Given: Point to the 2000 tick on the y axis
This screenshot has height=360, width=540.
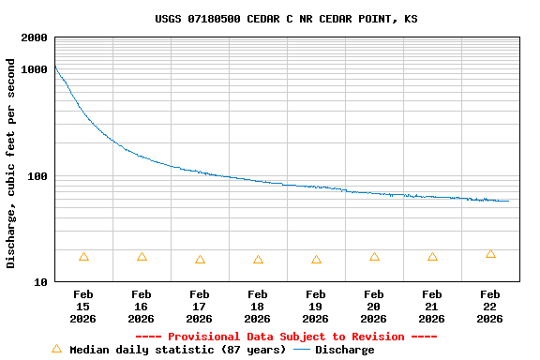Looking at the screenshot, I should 35,37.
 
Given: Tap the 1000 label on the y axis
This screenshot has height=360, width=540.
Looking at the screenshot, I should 35,69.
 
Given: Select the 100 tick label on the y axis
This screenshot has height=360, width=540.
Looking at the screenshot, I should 37,176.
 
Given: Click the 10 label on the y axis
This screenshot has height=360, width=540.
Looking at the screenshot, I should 41,282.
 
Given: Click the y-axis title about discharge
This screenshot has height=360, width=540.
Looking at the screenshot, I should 11,163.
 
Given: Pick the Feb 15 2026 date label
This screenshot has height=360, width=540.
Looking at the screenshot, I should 83,307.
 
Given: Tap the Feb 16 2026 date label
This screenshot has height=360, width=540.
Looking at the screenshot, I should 142,307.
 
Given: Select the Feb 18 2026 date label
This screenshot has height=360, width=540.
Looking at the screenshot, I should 258,307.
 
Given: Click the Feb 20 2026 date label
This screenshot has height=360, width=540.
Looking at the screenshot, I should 374,307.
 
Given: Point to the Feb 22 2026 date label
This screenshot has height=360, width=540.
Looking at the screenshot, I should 490,307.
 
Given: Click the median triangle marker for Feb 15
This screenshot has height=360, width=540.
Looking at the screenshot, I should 83,257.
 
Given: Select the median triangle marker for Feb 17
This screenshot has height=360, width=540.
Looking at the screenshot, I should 200,260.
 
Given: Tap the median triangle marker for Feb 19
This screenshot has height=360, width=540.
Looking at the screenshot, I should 316,260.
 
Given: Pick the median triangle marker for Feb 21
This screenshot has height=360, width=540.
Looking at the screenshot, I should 432,257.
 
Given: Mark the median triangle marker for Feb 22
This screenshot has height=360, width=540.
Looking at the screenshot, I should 490,254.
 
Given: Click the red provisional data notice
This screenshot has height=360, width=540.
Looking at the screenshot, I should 286,337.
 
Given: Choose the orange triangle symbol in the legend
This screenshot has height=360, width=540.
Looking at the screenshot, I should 56,349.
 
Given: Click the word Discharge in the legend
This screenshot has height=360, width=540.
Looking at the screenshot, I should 344,350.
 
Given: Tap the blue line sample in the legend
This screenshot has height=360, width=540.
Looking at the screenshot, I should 302,350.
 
